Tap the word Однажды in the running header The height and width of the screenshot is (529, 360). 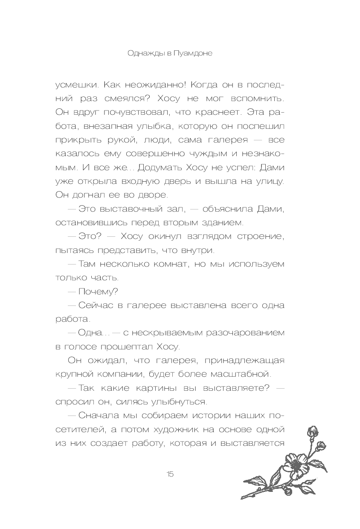click(x=145, y=54)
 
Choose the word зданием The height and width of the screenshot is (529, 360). click(x=223, y=223)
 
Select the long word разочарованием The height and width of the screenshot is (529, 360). click(x=240, y=333)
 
